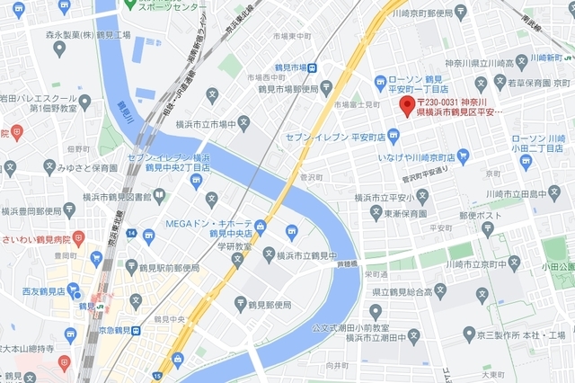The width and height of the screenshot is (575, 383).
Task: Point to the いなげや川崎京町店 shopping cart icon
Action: tap(463, 156)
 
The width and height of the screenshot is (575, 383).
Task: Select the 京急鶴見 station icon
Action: tap(135, 331)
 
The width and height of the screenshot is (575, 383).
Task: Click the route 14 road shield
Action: tap(131, 234)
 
